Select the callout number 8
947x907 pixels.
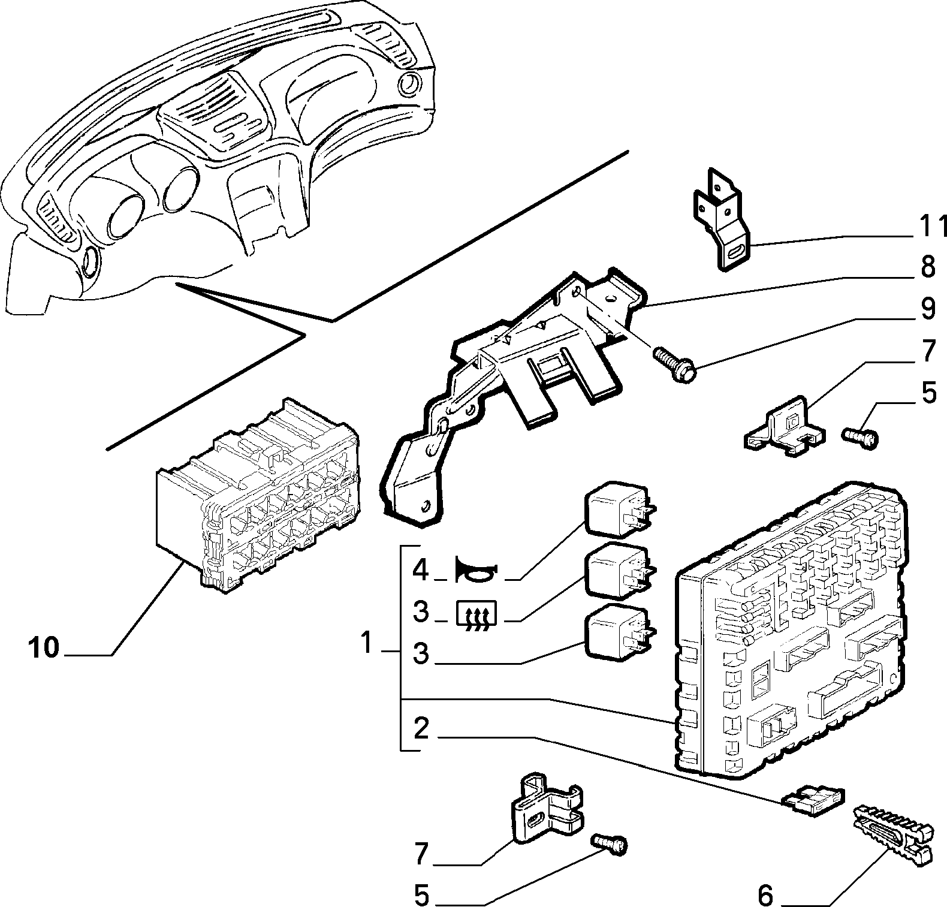pos(928,267)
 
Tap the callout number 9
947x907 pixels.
pos(928,308)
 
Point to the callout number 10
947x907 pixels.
pos(44,648)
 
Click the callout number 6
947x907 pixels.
pos(765,895)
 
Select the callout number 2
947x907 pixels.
pos(421,728)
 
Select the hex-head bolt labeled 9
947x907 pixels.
pos(675,364)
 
